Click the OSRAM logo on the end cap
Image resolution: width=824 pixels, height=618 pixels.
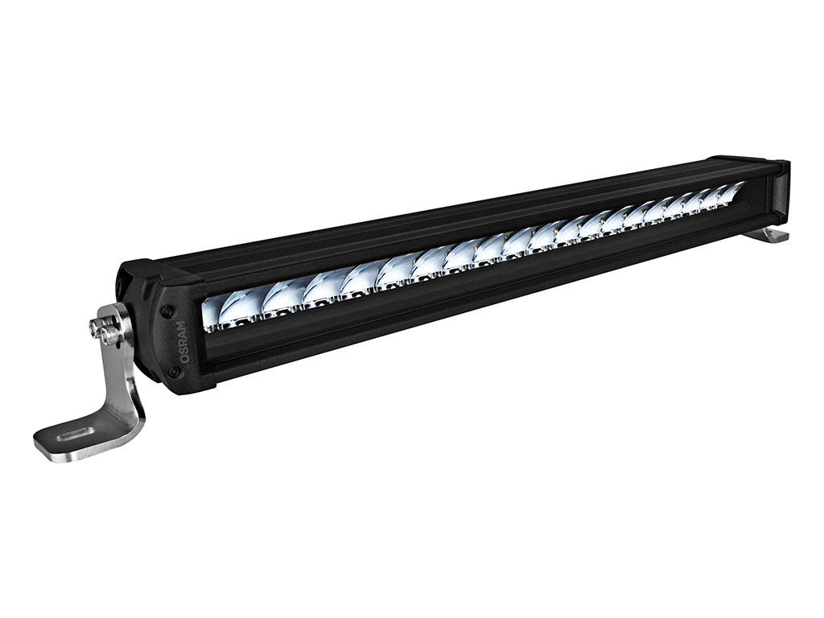click(x=183, y=341)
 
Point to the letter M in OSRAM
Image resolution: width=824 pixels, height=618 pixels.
click(x=181, y=325)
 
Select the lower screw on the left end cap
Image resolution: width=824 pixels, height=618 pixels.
click(x=172, y=371)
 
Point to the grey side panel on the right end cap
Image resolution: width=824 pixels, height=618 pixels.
click(x=780, y=193)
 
